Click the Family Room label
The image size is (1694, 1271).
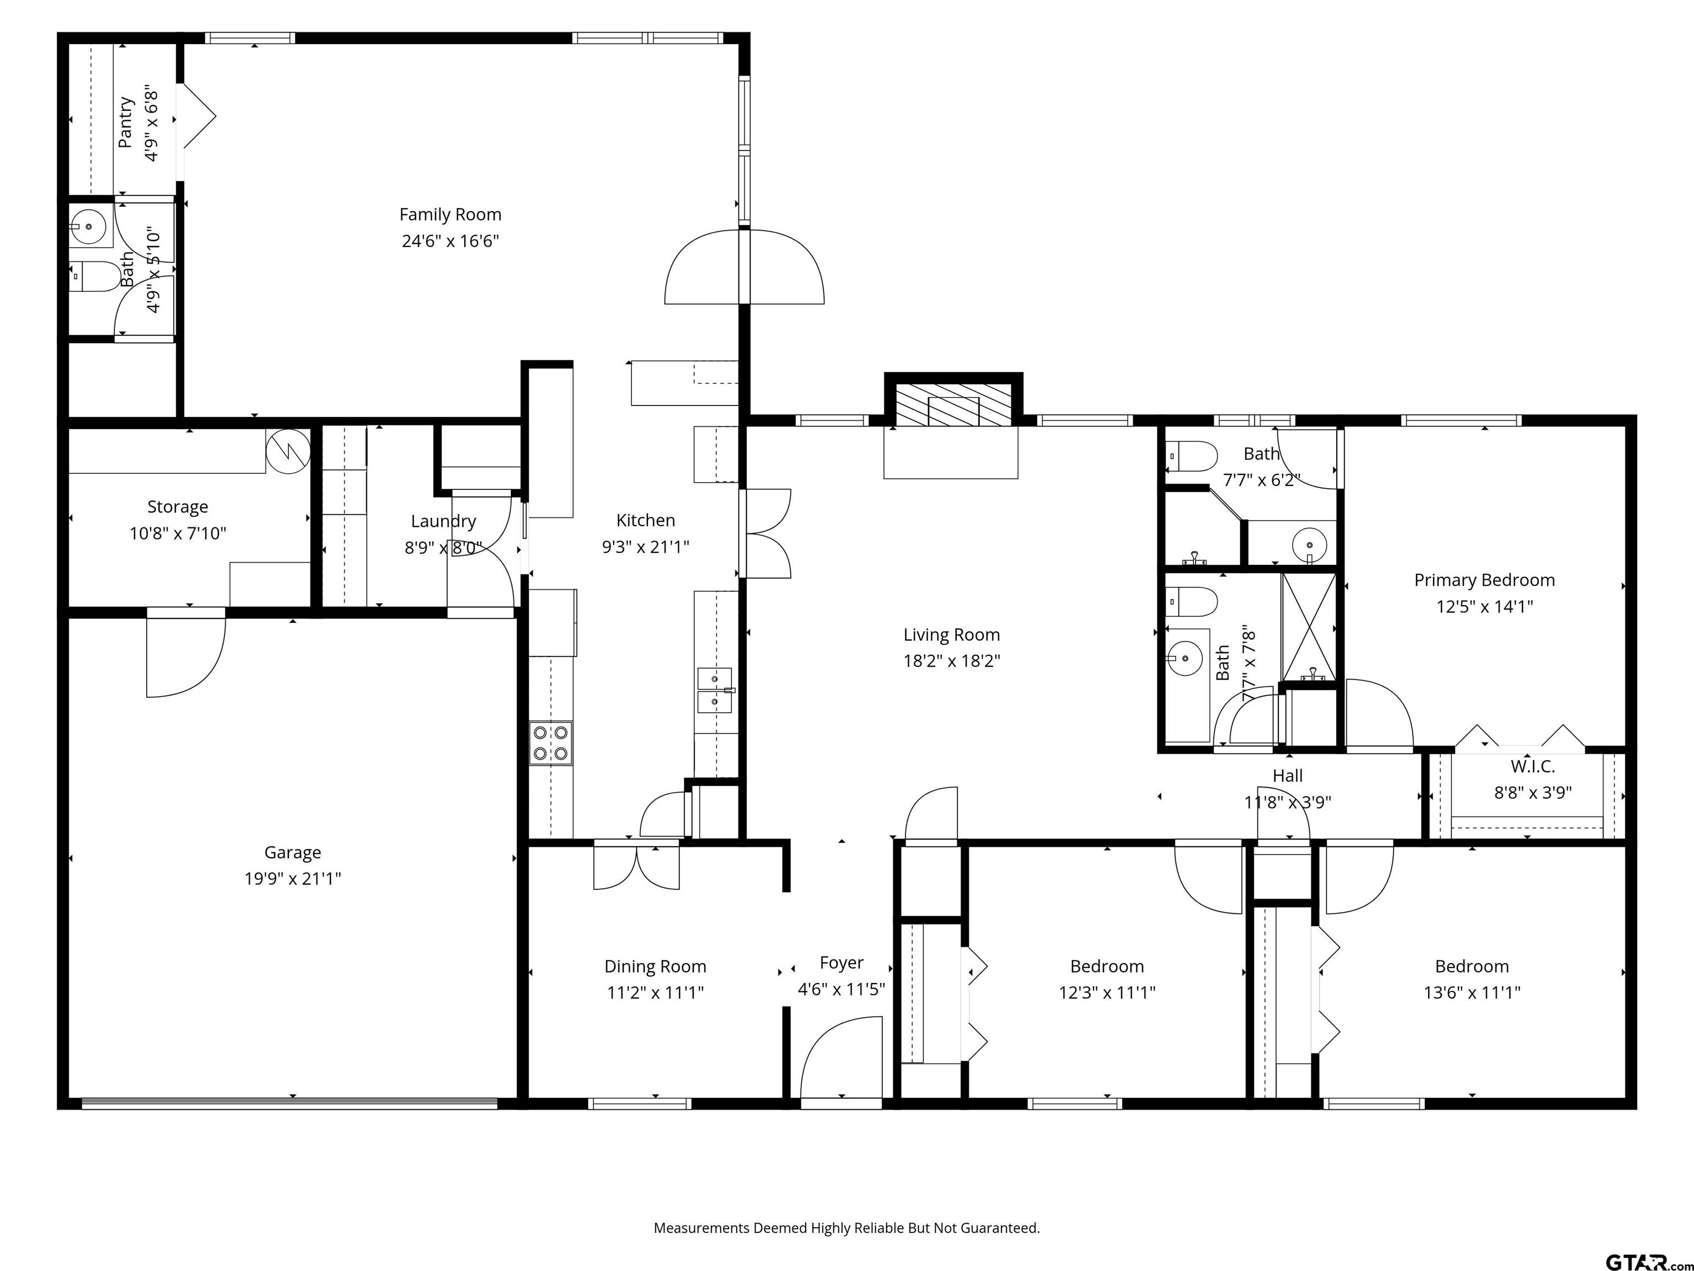(x=451, y=215)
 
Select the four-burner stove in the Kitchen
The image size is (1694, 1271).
(x=551, y=743)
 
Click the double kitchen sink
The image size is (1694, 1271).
(x=715, y=690)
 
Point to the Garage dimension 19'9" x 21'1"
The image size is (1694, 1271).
(x=293, y=878)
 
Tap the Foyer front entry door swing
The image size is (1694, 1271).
(x=841, y=1061)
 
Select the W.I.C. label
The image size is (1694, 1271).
(x=1532, y=766)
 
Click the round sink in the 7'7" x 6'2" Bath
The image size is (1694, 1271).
(x=1309, y=546)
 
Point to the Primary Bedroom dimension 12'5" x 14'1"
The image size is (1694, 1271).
(x=1484, y=607)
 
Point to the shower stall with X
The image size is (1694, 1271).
(x=1308, y=627)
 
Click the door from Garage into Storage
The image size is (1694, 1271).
(x=186, y=653)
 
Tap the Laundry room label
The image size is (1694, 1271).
(x=443, y=521)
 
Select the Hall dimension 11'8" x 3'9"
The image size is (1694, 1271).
(x=1288, y=802)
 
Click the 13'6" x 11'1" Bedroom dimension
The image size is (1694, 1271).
(x=1471, y=992)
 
